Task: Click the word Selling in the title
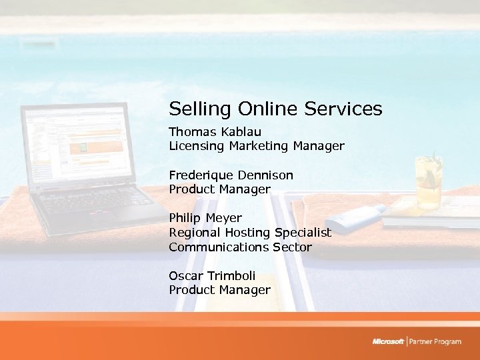click(192, 109)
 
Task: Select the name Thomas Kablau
click(215, 131)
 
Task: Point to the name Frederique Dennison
click(231, 175)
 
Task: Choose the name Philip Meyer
click(205, 218)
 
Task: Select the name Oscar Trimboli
click(212, 275)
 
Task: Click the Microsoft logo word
click(388, 342)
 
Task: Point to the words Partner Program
click(435, 342)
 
